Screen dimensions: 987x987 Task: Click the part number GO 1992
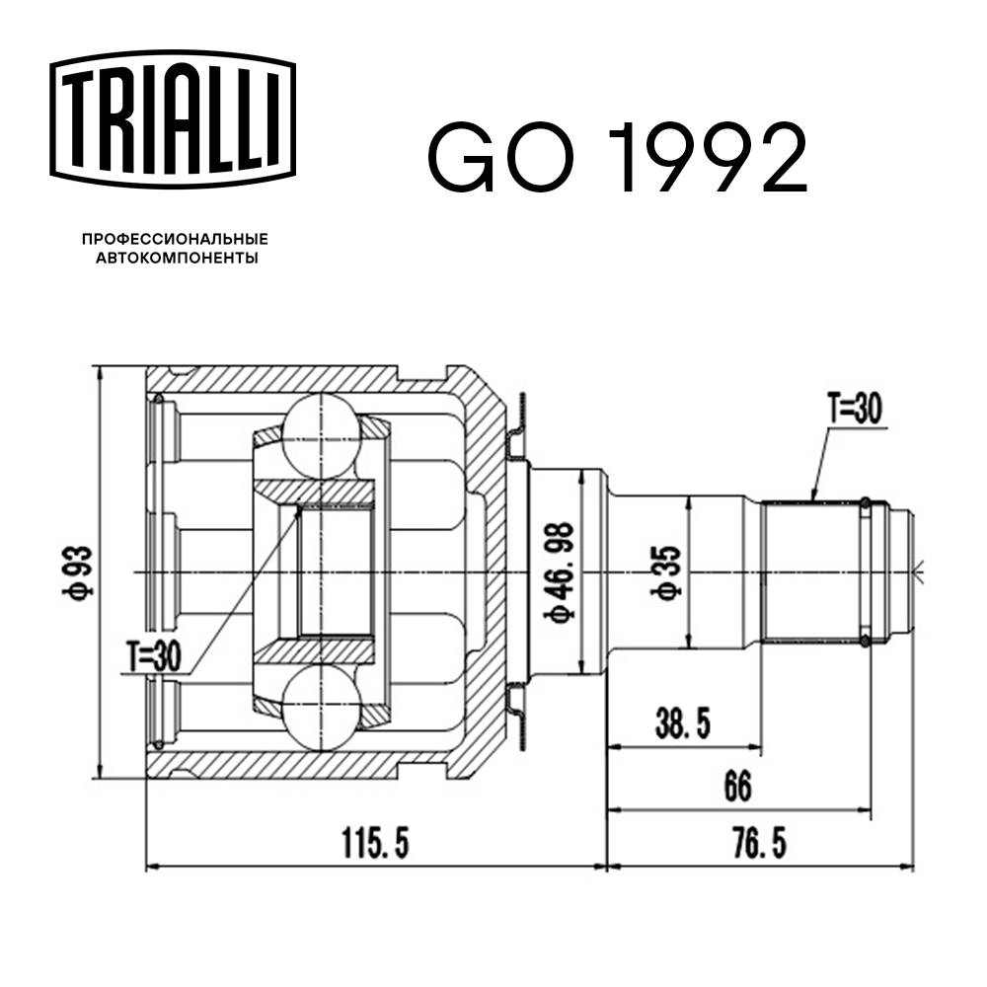(x=617, y=157)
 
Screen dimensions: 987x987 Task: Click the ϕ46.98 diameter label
(x=561, y=572)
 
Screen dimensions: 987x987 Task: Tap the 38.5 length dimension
(x=682, y=725)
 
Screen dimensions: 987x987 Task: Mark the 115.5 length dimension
(x=374, y=844)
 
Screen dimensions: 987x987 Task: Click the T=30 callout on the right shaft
(x=854, y=409)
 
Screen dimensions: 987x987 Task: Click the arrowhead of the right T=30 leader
(x=812, y=498)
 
